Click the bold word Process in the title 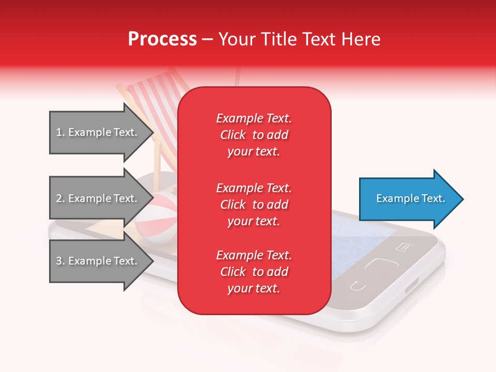tap(162, 39)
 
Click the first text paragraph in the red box tap(254, 135)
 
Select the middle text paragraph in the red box tap(254, 205)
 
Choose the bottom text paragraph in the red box tap(254, 272)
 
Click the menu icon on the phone tap(402, 247)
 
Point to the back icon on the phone tap(356, 285)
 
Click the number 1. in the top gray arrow tap(60, 132)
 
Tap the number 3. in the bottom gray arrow tap(60, 261)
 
